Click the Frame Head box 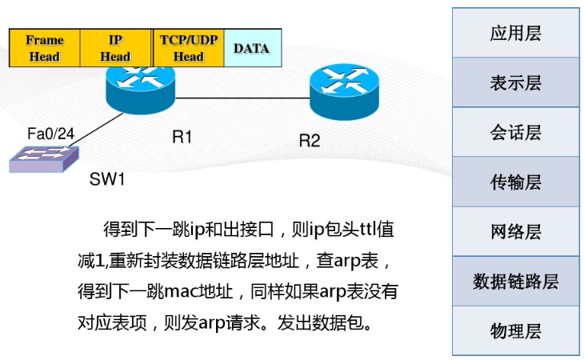click(x=44, y=48)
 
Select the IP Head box click(x=115, y=48)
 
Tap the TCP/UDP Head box click(x=188, y=48)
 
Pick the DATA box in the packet click(x=252, y=48)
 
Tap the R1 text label click(x=182, y=138)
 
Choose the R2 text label click(x=310, y=141)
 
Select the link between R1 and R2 click(x=240, y=98)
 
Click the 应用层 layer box click(x=515, y=33)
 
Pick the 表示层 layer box click(x=515, y=82)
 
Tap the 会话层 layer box click(x=515, y=132)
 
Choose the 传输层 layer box click(x=515, y=182)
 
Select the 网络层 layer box click(x=515, y=231)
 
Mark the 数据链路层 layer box click(x=515, y=281)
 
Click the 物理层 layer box click(x=515, y=330)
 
